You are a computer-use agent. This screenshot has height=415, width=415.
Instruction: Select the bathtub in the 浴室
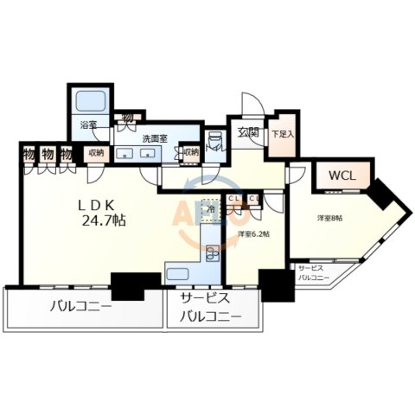click(x=87, y=101)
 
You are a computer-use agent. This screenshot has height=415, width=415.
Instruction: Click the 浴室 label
click(x=88, y=124)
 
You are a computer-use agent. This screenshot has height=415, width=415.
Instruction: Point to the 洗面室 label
click(x=152, y=137)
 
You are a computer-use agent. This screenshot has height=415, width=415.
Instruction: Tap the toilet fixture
click(x=214, y=143)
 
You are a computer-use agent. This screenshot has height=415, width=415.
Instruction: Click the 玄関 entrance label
click(x=249, y=132)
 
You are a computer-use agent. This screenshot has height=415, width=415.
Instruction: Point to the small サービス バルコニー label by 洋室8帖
click(x=313, y=273)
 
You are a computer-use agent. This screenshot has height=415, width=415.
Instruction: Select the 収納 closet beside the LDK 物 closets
click(x=94, y=153)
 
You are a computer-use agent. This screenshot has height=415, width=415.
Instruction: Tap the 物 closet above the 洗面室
click(x=127, y=115)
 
